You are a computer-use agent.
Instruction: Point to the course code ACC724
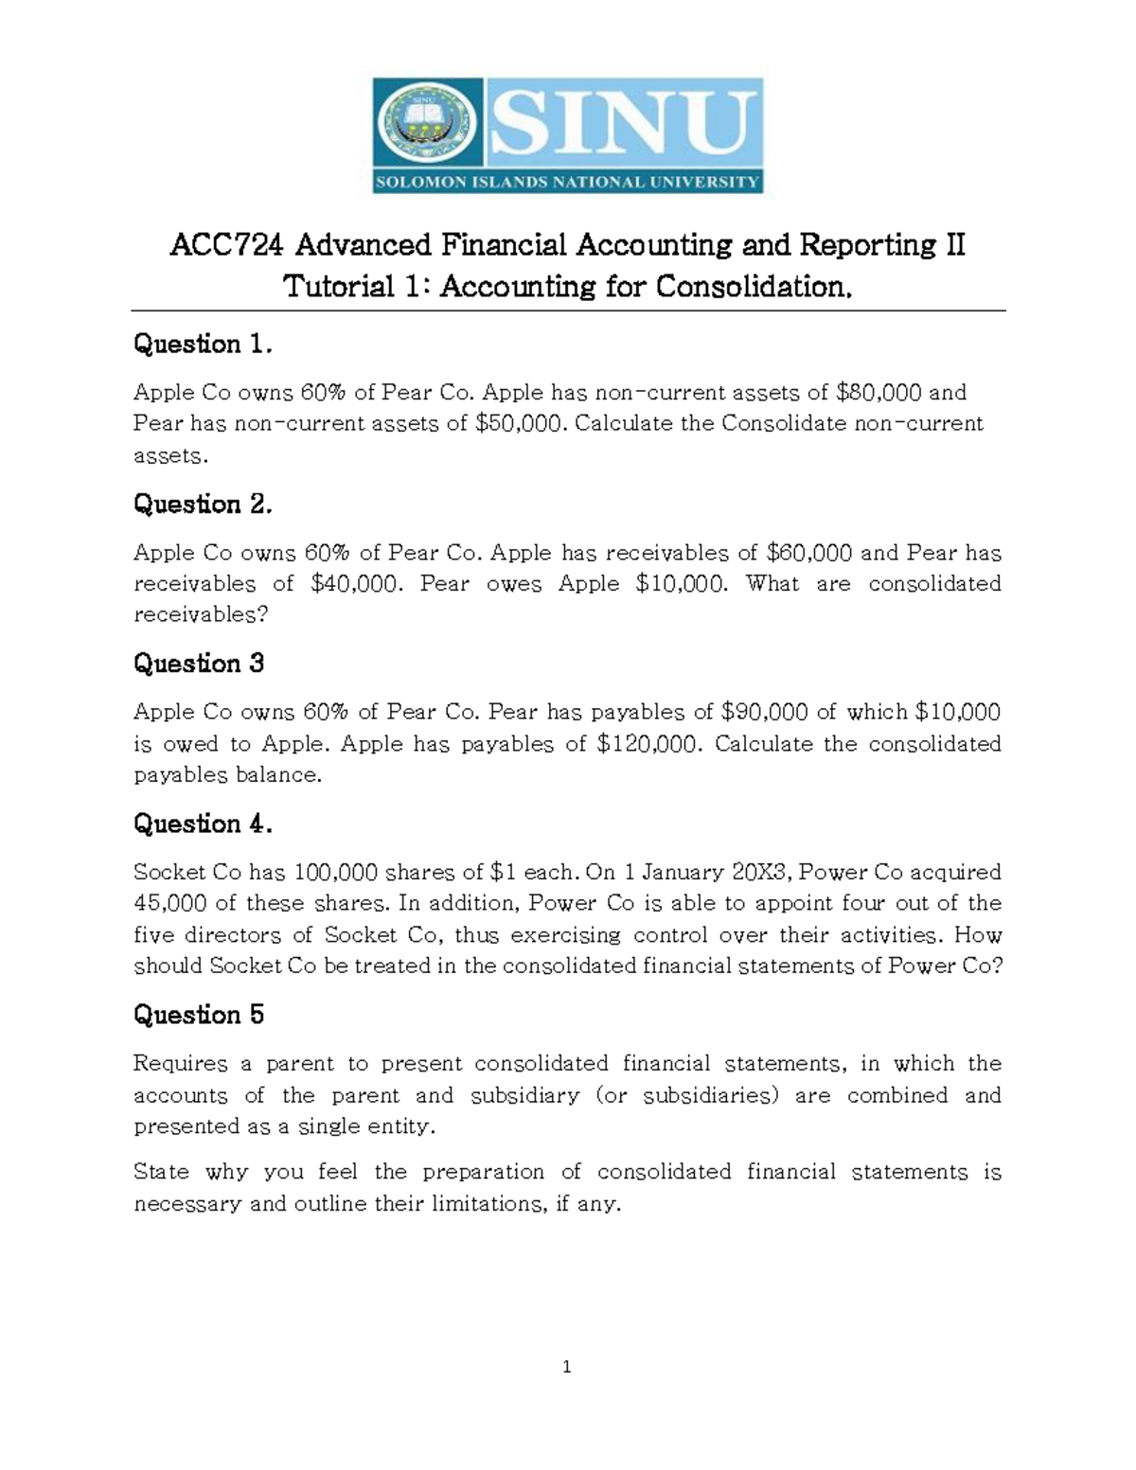tap(226, 246)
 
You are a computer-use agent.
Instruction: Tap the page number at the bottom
tap(566, 1366)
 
